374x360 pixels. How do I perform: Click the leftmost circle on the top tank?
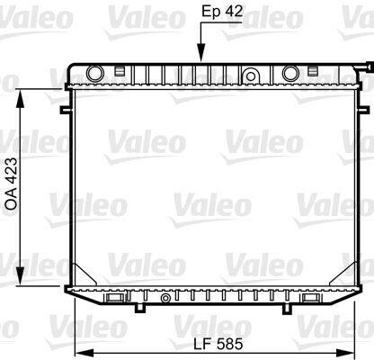pos(94,72)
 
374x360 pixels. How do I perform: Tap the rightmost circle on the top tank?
pos(290,72)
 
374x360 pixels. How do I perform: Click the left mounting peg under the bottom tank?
pos(138,309)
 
